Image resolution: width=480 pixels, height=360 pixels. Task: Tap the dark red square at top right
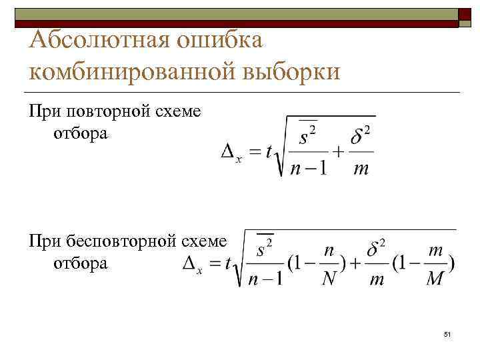(x=466, y=14)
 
